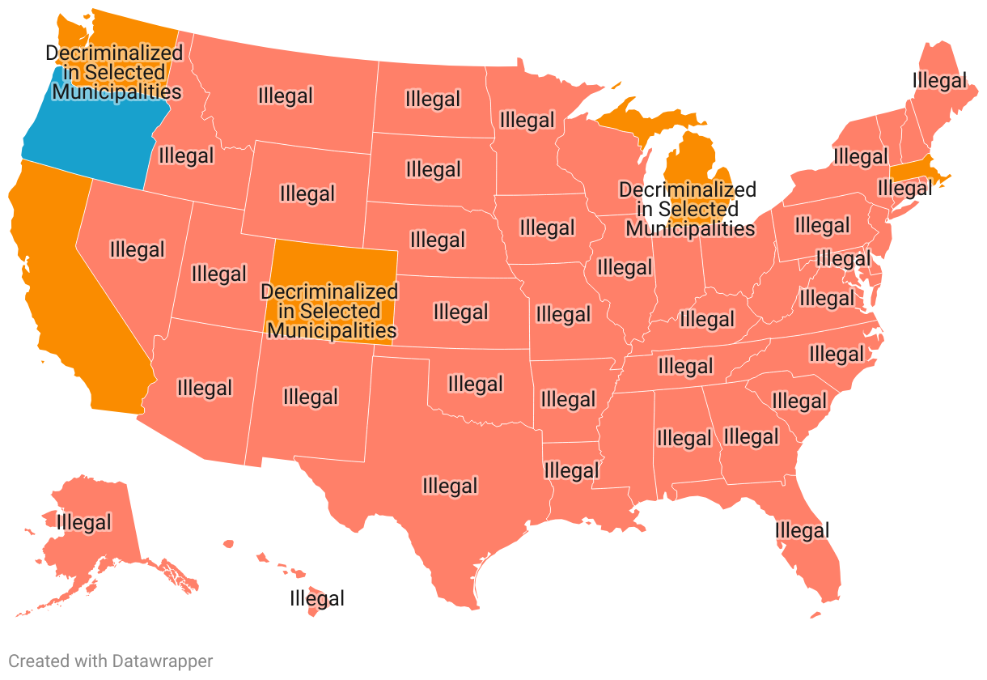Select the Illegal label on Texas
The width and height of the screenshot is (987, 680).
[x=450, y=486]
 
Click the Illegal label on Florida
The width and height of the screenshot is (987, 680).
[x=802, y=531]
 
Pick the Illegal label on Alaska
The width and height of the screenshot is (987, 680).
[x=83, y=522]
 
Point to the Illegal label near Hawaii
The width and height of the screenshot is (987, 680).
[x=317, y=599]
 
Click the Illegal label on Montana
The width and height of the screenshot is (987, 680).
[x=285, y=96]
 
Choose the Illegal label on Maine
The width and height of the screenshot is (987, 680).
[x=938, y=80]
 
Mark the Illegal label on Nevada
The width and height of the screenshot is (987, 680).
[x=137, y=249]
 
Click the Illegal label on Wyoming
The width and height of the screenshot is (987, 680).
[x=307, y=193]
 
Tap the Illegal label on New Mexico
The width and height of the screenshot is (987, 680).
[x=310, y=397]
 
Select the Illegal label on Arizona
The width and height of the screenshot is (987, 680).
[x=204, y=388]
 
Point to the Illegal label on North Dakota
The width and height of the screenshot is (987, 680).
[x=433, y=100]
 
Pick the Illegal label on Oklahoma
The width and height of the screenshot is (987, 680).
[x=475, y=383]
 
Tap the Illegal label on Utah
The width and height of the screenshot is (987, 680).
[x=218, y=274]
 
